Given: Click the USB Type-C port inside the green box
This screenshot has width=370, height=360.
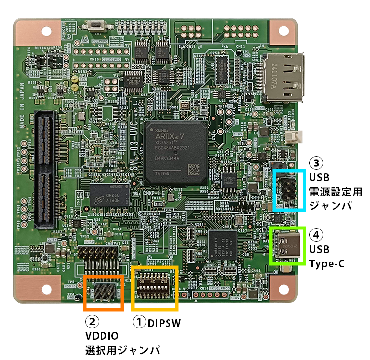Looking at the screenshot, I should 287,245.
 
